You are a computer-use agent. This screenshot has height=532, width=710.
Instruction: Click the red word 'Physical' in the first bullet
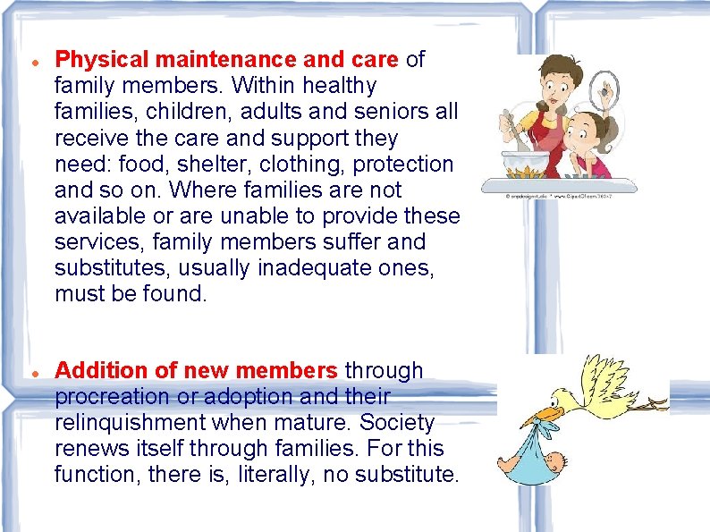[100, 60]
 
